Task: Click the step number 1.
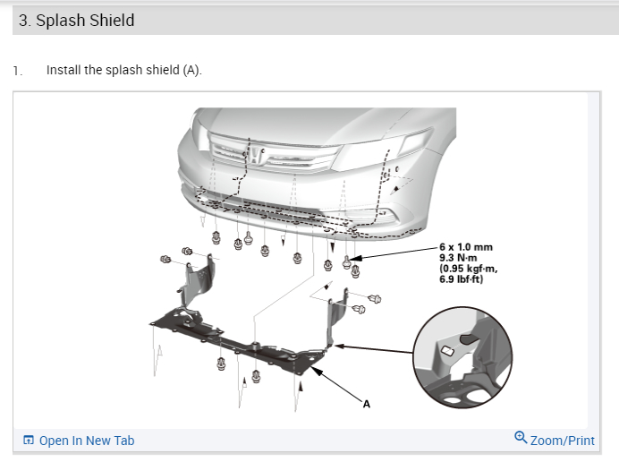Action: coord(16,70)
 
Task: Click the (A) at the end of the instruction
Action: coord(191,70)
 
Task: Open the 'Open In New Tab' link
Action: coord(86,441)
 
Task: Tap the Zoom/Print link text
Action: coord(562,441)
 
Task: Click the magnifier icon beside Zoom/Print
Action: coord(521,438)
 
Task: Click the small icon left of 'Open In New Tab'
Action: coord(29,441)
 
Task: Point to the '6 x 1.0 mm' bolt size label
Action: coord(465,246)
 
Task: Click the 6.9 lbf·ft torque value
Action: coord(461,278)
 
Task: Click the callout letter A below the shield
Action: coord(365,406)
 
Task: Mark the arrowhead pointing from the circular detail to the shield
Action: coord(338,344)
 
